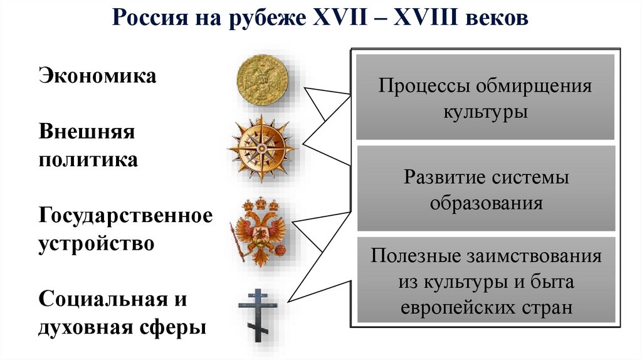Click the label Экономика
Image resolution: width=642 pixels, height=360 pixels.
[x=98, y=77]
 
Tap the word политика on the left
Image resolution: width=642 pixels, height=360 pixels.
[x=88, y=159]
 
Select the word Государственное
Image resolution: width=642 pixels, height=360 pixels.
[x=126, y=216]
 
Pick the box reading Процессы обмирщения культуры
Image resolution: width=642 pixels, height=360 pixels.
[x=485, y=98]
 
